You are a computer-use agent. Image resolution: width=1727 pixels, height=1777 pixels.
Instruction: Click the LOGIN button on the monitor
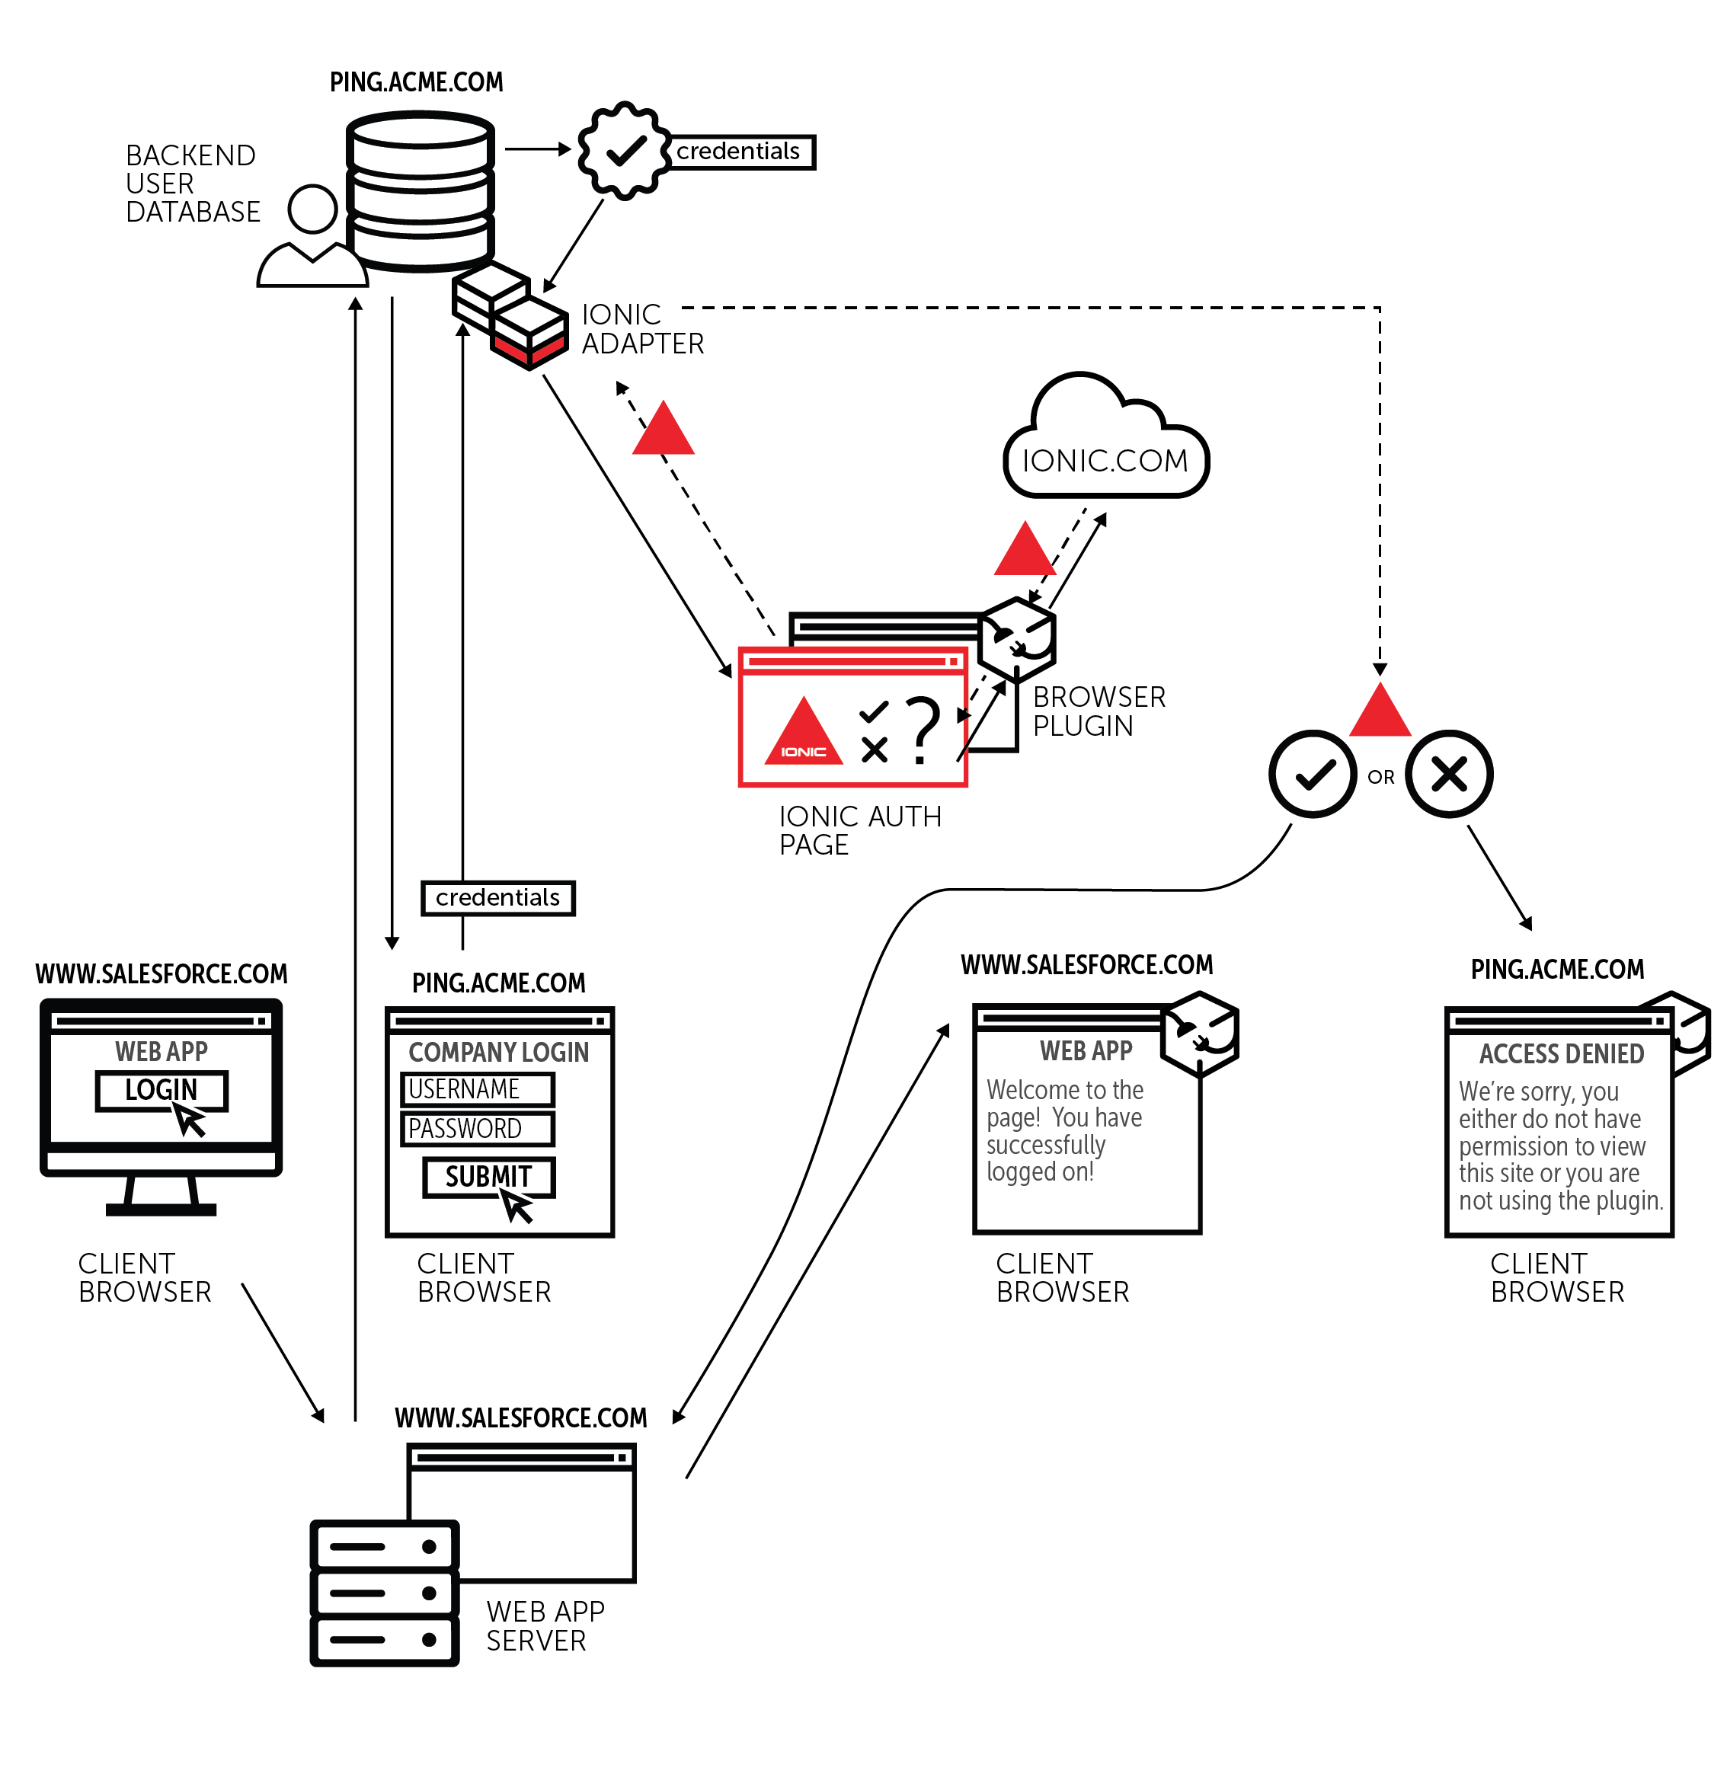click(161, 1089)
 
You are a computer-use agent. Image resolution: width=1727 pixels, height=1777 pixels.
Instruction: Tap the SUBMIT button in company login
click(488, 1177)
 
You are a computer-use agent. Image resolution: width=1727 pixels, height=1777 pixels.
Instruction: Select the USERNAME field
click(476, 1088)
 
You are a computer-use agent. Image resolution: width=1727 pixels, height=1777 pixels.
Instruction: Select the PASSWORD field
click(476, 1128)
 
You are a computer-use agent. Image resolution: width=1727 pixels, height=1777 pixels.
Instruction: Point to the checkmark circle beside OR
click(1312, 774)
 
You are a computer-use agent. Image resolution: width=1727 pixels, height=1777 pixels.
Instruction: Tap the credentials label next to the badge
click(738, 152)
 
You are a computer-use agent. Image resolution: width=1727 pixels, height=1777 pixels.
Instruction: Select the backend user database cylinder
click(420, 190)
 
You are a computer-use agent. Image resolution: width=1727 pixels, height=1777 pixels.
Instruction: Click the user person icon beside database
click(312, 238)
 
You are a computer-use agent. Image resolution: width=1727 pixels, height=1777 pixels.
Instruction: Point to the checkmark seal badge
click(624, 150)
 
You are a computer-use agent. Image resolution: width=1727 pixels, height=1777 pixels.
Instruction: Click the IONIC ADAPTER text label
click(641, 328)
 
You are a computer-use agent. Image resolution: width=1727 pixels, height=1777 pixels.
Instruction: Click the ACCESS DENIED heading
click(1561, 1053)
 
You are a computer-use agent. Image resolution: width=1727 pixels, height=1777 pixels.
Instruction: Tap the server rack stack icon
click(384, 1593)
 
